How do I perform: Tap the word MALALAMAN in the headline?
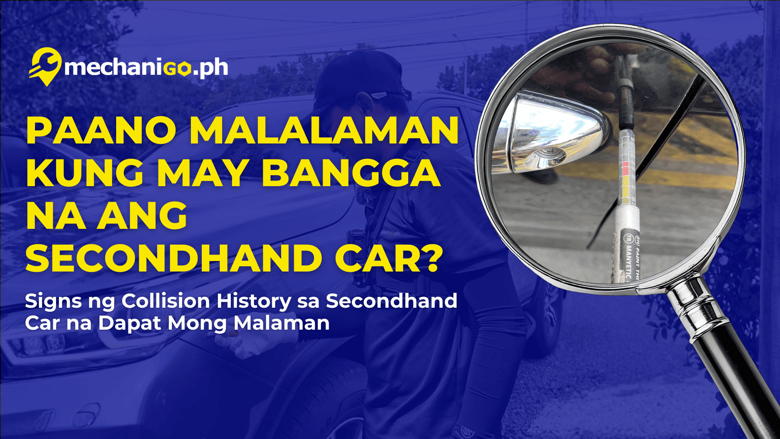tap(324, 131)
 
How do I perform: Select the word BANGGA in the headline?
tap(351, 174)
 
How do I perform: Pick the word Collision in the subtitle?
tap(166, 301)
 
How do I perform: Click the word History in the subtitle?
tap(253, 301)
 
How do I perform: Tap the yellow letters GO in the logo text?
tap(178, 68)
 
